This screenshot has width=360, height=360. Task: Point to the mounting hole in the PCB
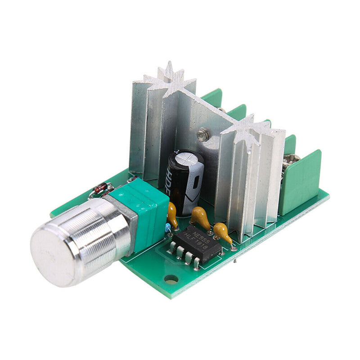171,279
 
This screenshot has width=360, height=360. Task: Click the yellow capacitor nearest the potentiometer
172,214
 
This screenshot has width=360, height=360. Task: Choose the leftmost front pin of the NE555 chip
171,246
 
